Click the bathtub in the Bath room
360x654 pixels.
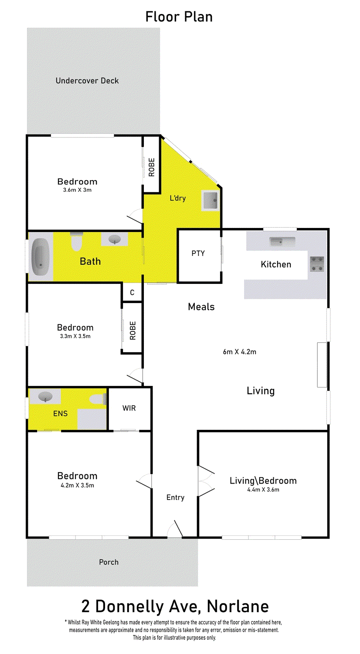(41, 257)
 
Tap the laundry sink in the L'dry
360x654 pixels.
(211, 200)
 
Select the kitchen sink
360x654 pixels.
(282, 241)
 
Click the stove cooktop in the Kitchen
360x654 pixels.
(317, 264)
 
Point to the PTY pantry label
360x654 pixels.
(198, 253)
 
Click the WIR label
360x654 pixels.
(129, 408)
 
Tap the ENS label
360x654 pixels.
(60, 413)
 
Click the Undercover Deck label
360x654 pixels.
(87, 81)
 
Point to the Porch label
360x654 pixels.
(109, 562)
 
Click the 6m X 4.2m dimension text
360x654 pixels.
(239, 352)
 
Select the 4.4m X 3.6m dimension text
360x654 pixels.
(263, 490)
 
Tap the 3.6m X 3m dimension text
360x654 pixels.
(77, 190)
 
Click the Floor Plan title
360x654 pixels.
(179, 17)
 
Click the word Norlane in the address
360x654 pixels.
(238, 606)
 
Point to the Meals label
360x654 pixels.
(201, 307)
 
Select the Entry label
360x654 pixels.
(175, 497)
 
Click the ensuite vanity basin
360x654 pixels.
(45, 397)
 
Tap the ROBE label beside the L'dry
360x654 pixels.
(152, 167)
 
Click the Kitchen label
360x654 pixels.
(276, 264)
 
